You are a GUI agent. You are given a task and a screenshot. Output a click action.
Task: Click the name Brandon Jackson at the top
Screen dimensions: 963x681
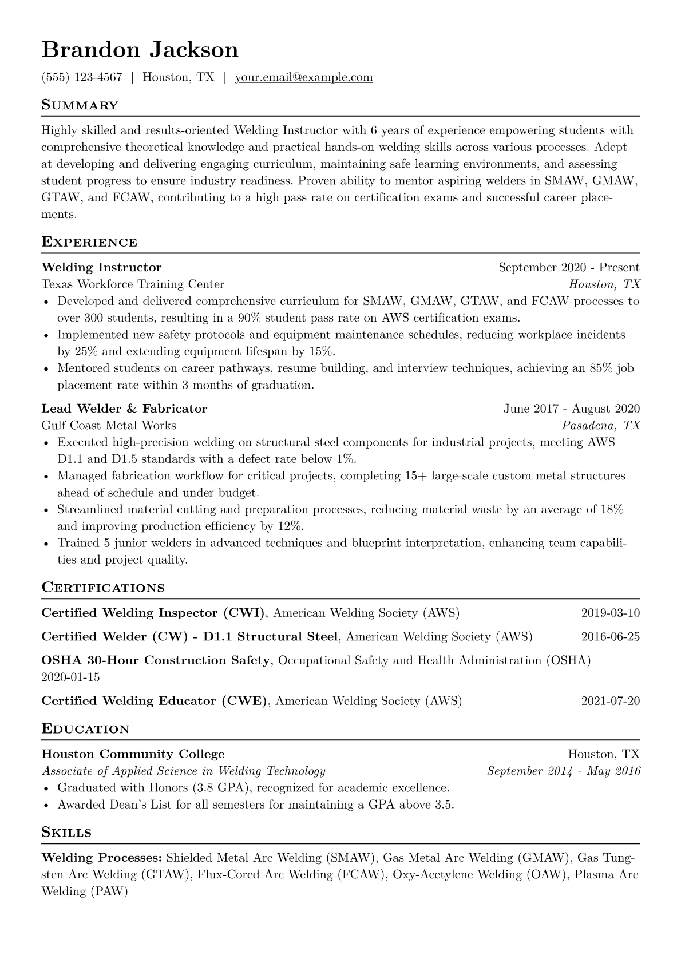[x=140, y=50]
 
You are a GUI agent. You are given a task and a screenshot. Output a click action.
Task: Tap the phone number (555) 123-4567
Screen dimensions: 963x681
[x=82, y=77]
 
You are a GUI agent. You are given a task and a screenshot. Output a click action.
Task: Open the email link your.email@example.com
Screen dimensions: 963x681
[x=304, y=77]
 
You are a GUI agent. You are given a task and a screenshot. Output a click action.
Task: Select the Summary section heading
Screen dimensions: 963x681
[x=80, y=105]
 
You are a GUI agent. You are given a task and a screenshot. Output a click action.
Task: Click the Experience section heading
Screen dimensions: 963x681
[x=89, y=242]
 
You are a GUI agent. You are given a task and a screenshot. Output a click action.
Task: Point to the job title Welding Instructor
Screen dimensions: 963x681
[x=101, y=267]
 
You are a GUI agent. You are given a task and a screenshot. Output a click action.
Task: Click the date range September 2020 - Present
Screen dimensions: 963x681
[x=569, y=267]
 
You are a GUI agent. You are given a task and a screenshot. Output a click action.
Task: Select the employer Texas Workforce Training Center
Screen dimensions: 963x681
[x=133, y=284]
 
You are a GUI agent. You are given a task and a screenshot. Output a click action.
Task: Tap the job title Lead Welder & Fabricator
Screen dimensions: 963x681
[x=124, y=409]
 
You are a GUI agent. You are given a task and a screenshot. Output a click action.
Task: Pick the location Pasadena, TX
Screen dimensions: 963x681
[x=601, y=425]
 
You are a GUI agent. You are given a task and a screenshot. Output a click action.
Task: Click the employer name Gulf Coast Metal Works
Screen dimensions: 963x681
[x=109, y=425]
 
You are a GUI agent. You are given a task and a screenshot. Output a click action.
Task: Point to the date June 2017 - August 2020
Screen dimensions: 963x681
[x=572, y=409]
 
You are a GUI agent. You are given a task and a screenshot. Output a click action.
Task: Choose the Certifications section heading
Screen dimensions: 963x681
[x=103, y=588]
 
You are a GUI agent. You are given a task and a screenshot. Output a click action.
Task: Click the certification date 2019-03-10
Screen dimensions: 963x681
[x=610, y=613]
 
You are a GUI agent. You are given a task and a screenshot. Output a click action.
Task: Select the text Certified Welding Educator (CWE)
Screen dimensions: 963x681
[x=155, y=701]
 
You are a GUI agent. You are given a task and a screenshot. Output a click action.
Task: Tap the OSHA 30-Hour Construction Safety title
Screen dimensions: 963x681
[x=156, y=660]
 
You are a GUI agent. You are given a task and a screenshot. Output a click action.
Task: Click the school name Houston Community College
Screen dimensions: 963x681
[x=133, y=754]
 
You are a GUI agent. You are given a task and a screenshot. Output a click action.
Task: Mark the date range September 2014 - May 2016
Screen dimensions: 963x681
[x=563, y=771]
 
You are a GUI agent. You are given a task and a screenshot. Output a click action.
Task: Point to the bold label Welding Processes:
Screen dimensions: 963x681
[x=102, y=858]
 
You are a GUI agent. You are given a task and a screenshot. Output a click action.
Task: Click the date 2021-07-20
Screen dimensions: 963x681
[x=610, y=701]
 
